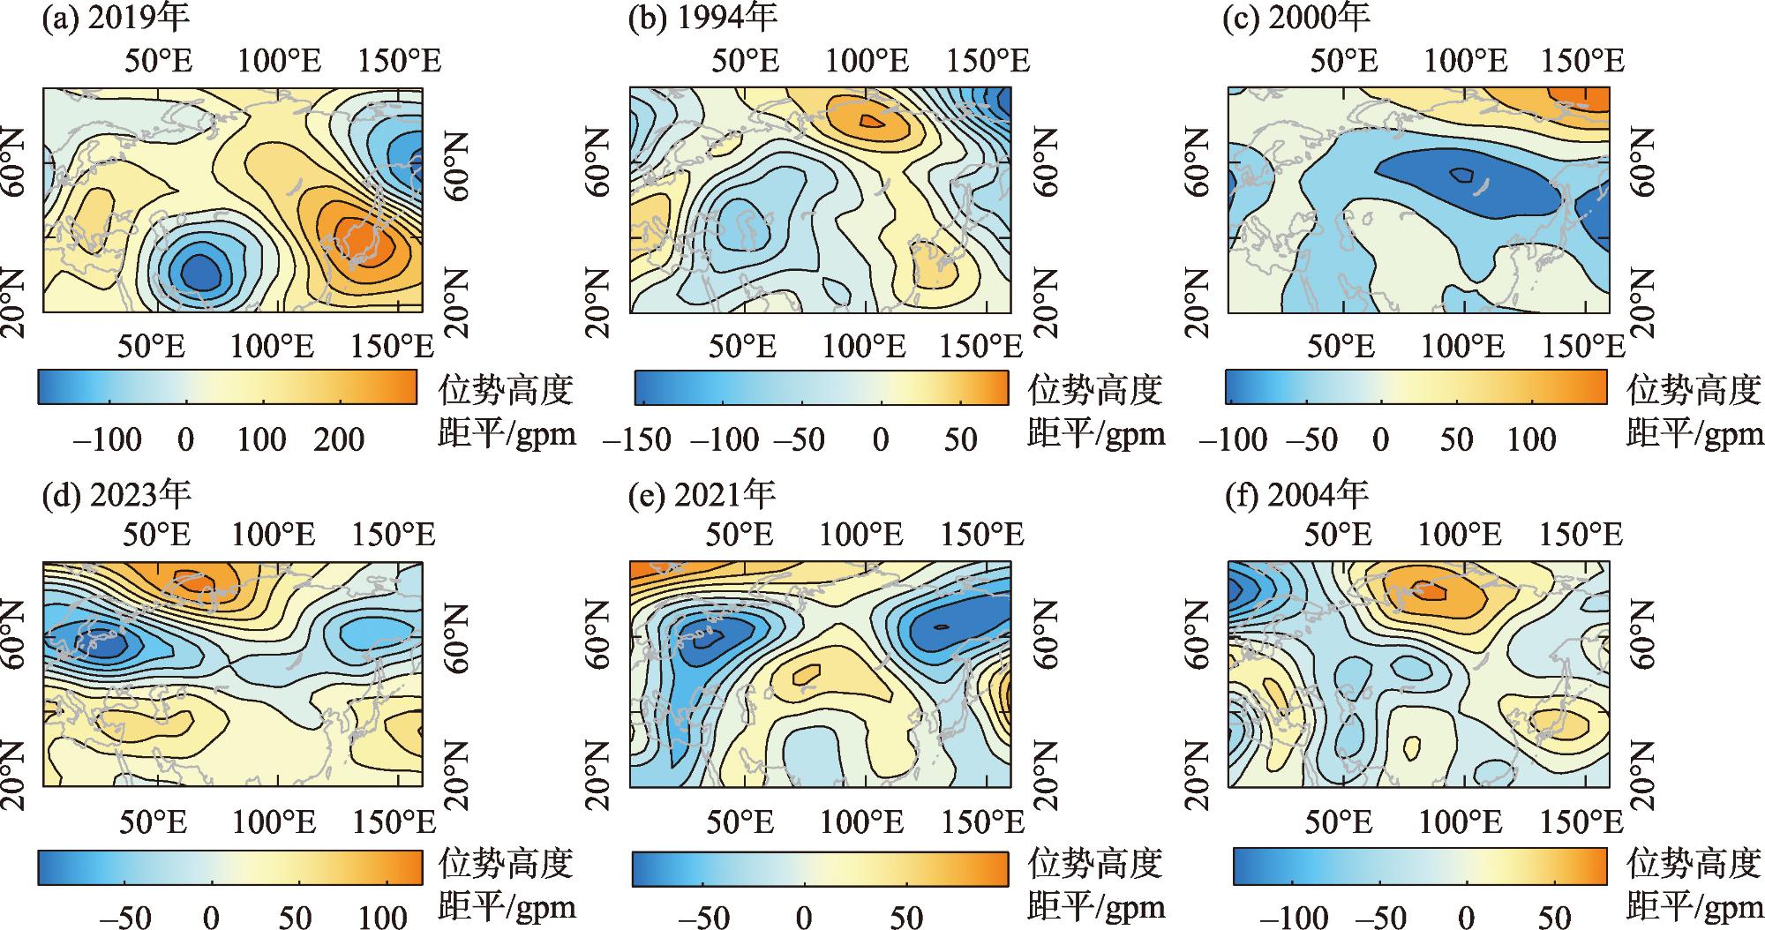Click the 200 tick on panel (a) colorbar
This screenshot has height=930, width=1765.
[x=340, y=439]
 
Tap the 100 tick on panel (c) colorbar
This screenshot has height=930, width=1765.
[x=1531, y=439]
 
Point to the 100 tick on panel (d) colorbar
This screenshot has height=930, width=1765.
[x=382, y=917]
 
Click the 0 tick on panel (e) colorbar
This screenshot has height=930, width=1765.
[x=804, y=917]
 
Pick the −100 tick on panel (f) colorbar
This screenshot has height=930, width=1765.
[x=1291, y=917]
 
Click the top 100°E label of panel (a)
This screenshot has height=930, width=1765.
[x=281, y=61]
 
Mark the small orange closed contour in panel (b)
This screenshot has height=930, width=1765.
[x=871, y=122]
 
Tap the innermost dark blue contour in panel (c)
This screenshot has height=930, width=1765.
[x=1462, y=175]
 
